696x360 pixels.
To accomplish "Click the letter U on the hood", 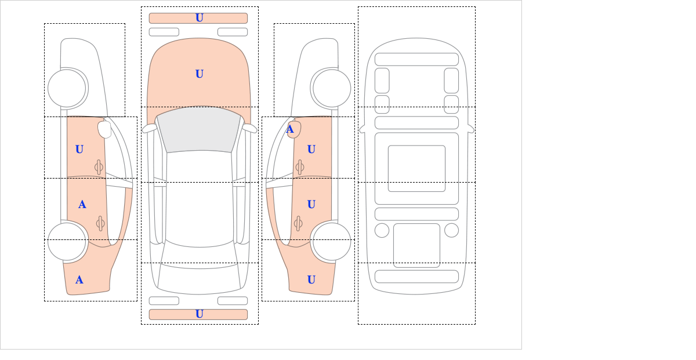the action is tap(200, 74).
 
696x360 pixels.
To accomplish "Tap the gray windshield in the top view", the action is tap(199, 130).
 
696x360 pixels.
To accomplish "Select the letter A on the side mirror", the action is tap(290, 129).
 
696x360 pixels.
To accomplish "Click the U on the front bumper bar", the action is tap(200, 18).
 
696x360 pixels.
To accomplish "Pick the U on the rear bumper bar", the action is tap(200, 314).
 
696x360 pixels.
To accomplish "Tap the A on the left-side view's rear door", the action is tap(82, 205).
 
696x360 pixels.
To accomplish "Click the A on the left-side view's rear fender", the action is tap(79, 280).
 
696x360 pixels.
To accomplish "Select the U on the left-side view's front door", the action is tap(79, 150).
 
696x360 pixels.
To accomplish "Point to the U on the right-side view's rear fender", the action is tap(311, 280).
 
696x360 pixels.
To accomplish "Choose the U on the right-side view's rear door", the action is tap(311, 205).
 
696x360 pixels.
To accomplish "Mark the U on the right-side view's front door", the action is tap(311, 150).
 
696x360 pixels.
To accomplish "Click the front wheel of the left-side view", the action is tap(67, 89).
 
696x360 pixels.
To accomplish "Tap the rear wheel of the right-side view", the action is tap(332, 241).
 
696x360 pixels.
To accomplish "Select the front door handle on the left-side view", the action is tap(99, 168).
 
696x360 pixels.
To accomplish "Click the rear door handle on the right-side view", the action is tap(298, 224).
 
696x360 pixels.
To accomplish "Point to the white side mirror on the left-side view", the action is tap(105, 129).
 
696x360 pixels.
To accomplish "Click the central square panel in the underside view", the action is tap(416, 168).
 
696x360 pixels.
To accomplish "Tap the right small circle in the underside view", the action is tap(451, 231).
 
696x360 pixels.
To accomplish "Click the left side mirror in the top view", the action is tap(149, 128).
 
